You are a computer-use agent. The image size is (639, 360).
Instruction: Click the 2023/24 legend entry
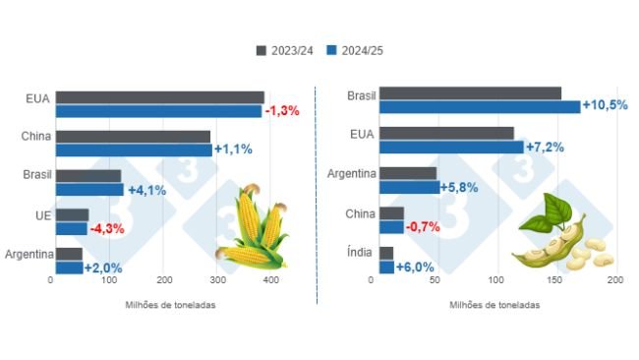[285, 50]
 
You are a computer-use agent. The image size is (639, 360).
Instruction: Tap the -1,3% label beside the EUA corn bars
[282, 110]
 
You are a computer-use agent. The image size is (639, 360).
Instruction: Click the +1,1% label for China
[233, 150]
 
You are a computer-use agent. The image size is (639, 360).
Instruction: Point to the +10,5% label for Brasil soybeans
[606, 105]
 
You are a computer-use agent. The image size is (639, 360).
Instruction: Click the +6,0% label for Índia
[415, 267]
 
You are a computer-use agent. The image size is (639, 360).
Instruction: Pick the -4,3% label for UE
[109, 229]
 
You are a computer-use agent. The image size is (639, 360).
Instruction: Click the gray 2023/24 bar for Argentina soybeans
[408, 173]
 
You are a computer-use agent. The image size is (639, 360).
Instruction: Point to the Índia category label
[360, 253]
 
